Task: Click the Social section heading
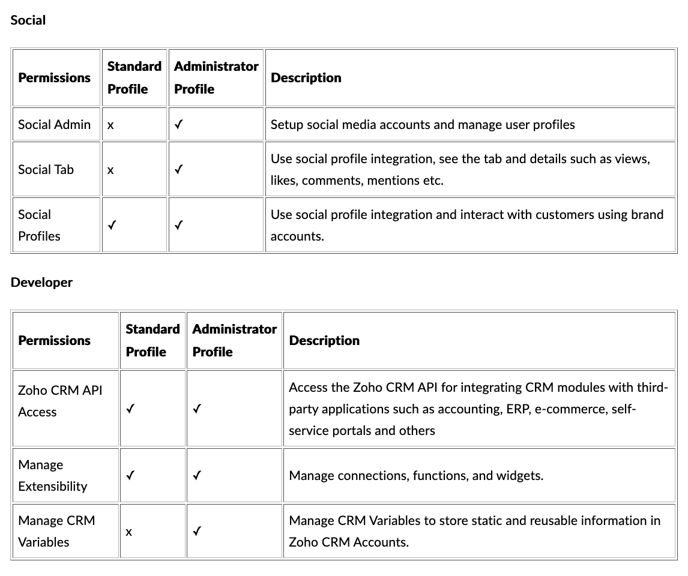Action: pos(28,20)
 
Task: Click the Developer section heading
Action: pos(41,283)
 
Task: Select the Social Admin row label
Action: pos(54,125)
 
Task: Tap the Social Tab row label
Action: pos(46,170)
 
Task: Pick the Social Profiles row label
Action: pos(39,225)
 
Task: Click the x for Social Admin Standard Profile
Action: pos(110,126)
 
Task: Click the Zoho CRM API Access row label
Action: pos(60,401)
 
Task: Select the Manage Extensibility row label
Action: pos(53,475)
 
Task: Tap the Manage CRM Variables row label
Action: pos(56,531)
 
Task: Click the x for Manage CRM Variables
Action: pos(128,532)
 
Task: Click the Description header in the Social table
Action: pos(306,78)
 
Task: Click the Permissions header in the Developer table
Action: pos(55,341)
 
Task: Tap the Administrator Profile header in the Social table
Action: pos(216,77)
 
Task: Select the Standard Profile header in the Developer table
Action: pos(152,340)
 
